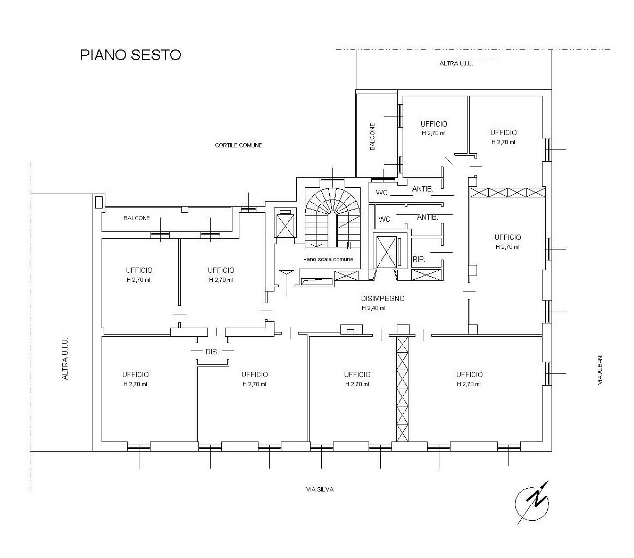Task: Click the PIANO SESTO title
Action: coord(130,55)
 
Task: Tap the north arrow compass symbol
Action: coord(532,503)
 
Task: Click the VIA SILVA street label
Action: coord(320,489)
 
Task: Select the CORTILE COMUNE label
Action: coord(238,145)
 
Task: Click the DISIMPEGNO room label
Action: coord(382,298)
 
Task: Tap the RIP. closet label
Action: coord(419,259)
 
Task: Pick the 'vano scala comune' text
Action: coord(328,259)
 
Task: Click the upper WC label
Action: coord(382,193)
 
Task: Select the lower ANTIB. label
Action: coord(428,217)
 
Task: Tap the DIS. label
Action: coord(212,352)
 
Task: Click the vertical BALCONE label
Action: coord(372,137)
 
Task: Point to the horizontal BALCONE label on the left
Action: coord(137,218)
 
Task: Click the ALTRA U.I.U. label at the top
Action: coord(456,63)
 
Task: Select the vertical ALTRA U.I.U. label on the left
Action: coord(65,359)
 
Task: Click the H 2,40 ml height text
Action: coord(373,308)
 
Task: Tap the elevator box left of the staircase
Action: coord(285,223)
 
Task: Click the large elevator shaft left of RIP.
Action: coord(387,252)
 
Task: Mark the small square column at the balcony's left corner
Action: coord(98,201)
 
